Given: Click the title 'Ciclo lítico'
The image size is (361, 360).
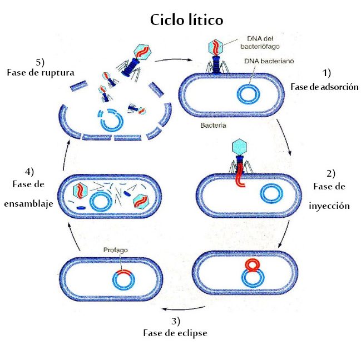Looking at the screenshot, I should tap(186, 20).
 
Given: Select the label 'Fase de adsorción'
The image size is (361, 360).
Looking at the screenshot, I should tap(324, 87).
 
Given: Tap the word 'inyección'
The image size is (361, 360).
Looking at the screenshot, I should tap(329, 205).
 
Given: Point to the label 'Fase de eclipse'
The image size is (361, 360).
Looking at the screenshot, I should tap(175, 333).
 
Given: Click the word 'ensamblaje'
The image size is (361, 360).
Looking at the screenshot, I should tap(28, 203).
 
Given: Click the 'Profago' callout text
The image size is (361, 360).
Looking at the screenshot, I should tap(116, 251).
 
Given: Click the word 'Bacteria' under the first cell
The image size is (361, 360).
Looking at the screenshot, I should tap(213, 126).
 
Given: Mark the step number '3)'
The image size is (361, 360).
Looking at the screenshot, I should tap(175, 321).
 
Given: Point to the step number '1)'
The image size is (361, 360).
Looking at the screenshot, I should tap(327, 73).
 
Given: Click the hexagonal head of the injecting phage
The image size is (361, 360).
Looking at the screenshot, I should tap(238, 148).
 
